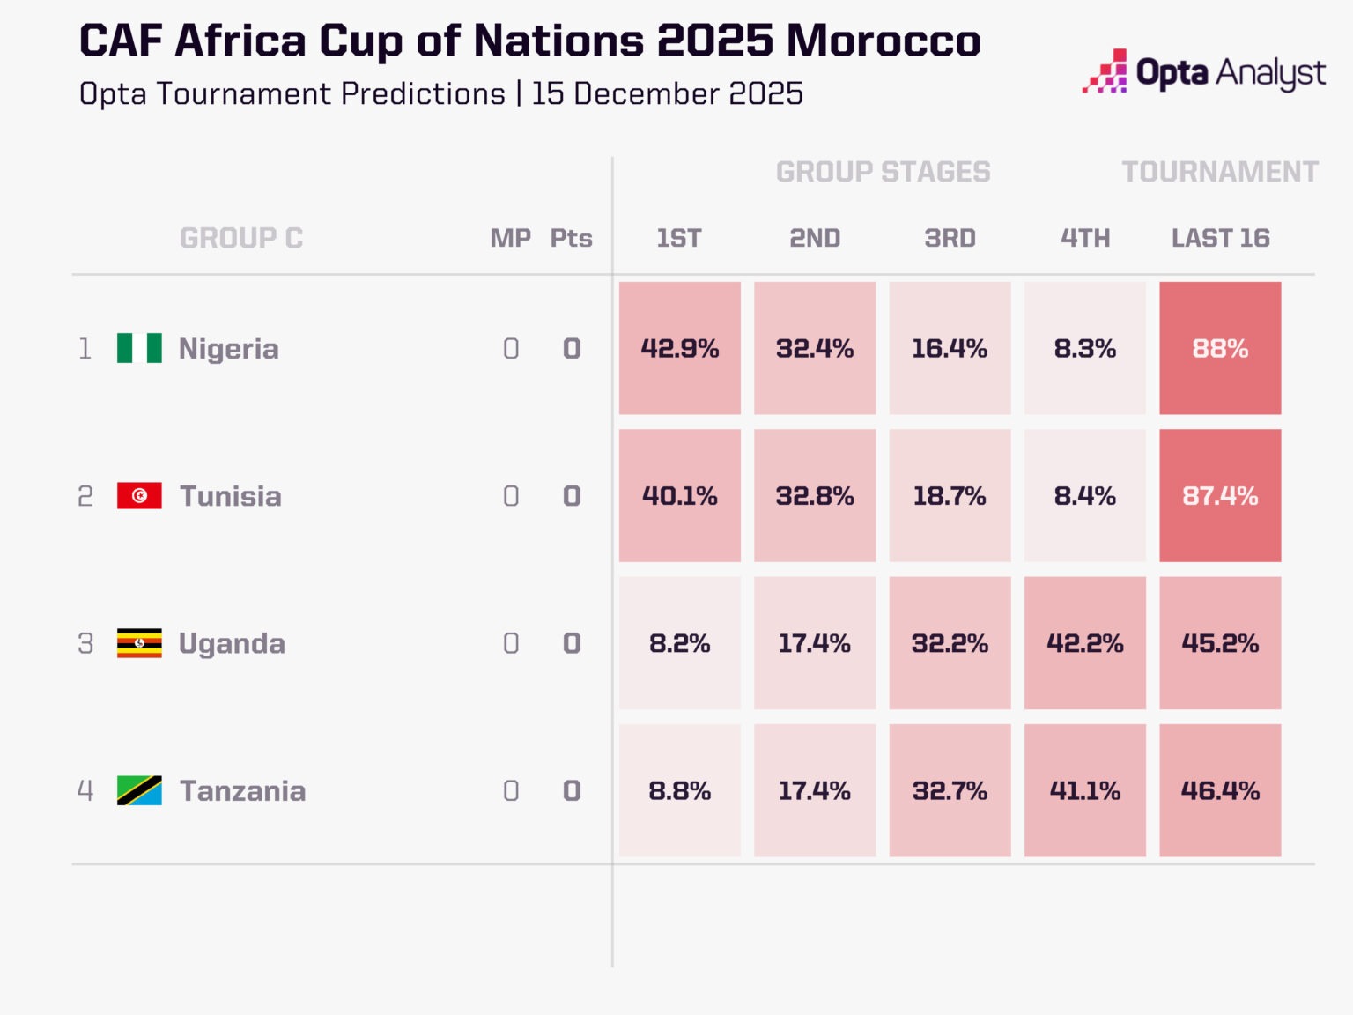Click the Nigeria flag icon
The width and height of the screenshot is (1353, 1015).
click(139, 348)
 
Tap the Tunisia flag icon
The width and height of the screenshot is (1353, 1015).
click(139, 496)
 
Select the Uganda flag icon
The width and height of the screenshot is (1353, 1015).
click(139, 643)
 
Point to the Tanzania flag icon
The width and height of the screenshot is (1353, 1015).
click(139, 790)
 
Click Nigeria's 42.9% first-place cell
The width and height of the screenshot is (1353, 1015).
click(679, 348)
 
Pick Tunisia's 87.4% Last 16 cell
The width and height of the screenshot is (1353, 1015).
click(1220, 496)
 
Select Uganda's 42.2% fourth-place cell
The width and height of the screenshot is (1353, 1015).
click(1084, 643)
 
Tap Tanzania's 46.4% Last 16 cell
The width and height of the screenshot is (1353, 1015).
click(1220, 790)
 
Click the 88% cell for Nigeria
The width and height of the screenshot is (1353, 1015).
click(1220, 348)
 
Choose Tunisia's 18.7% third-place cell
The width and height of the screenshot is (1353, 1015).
click(950, 496)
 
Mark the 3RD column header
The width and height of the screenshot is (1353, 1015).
click(950, 238)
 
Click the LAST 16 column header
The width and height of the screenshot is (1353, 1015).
click(1220, 238)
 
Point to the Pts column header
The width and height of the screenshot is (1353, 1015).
click(571, 238)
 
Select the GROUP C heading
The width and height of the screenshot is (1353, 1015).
click(241, 238)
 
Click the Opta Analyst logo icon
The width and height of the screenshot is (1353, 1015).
click(1105, 71)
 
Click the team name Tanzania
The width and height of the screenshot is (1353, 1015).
click(243, 790)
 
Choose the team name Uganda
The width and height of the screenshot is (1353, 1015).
click(232, 643)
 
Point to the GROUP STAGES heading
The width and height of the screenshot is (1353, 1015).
click(883, 172)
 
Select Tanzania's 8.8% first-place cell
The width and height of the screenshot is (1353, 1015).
click(679, 790)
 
